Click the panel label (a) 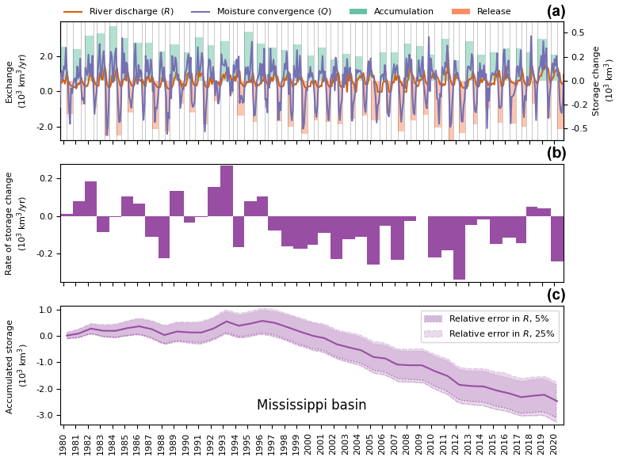pyautogui.click(x=556, y=11)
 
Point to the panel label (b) pyautogui.click(x=556, y=154)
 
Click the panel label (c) pyautogui.click(x=556, y=295)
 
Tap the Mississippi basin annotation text pyautogui.click(x=311, y=405)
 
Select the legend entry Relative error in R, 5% pyautogui.click(x=488, y=318)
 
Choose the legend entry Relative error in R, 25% pyautogui.click(x=491, y=333)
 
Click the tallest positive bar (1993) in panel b pyautogui.click(x=227, y=191)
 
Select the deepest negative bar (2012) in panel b pyautogui.click(x=459, y=247)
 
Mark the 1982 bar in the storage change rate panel pyautogui.click(x=91, y=199)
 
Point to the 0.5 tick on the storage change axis pyautogui.click(x=579, y=32)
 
